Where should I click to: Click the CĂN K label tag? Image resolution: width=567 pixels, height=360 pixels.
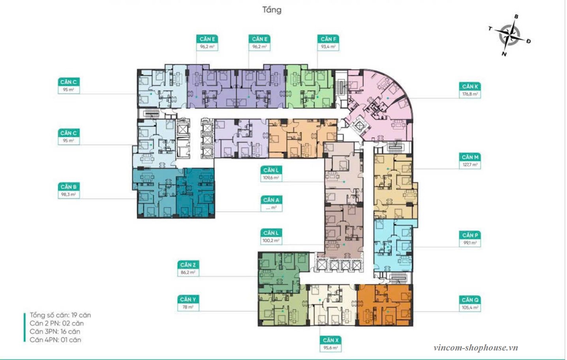point(470,86)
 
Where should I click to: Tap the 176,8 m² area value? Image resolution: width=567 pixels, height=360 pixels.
point(470,94)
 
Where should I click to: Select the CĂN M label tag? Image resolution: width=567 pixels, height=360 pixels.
point(470,157)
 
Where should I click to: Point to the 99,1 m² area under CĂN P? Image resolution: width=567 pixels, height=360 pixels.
point(470,243)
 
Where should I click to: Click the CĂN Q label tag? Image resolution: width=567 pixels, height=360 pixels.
point(470,300)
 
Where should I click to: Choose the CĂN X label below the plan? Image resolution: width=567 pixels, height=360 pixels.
point(330,340)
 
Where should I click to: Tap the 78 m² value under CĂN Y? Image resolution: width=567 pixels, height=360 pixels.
point(188,307)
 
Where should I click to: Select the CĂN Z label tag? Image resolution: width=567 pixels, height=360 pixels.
point(188,265)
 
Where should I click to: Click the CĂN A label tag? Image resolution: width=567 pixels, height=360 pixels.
point(271,200)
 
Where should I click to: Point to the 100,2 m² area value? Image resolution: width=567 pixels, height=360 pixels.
point(271,240)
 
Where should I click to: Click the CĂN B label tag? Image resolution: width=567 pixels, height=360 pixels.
point(69,187)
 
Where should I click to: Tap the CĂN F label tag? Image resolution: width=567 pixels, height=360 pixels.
point(328,39)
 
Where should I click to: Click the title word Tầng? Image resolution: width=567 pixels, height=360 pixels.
point(272,10)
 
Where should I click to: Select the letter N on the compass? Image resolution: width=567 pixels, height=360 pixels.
point(504,54)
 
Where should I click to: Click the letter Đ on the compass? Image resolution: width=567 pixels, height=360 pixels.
point(528,41)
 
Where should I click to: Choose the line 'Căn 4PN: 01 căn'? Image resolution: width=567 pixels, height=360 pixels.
point(55,340)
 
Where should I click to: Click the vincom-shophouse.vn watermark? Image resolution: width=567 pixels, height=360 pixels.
point(475,348)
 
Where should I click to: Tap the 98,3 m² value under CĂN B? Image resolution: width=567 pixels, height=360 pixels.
point(69,195)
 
